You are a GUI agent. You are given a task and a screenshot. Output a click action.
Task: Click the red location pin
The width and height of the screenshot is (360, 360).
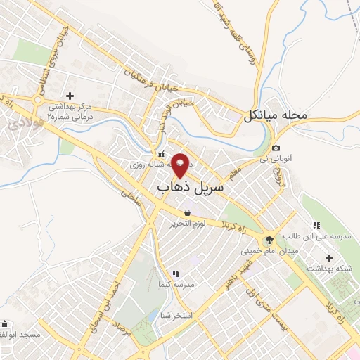pyautogui.click(x=181, y=165)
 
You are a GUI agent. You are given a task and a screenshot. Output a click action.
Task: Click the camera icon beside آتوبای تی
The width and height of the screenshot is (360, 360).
pyautogui.click(x=276, y=148)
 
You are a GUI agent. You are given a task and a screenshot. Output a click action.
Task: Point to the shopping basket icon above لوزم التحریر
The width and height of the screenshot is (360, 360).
pyautogui.click(x=187, y=212)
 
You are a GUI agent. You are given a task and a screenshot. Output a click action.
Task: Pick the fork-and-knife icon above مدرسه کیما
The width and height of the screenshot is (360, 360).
pyautogui.click(x=176, y=273)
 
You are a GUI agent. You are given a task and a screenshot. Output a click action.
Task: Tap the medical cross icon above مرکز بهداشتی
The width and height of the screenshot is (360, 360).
pyautogui.click(x=70, y=95)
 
